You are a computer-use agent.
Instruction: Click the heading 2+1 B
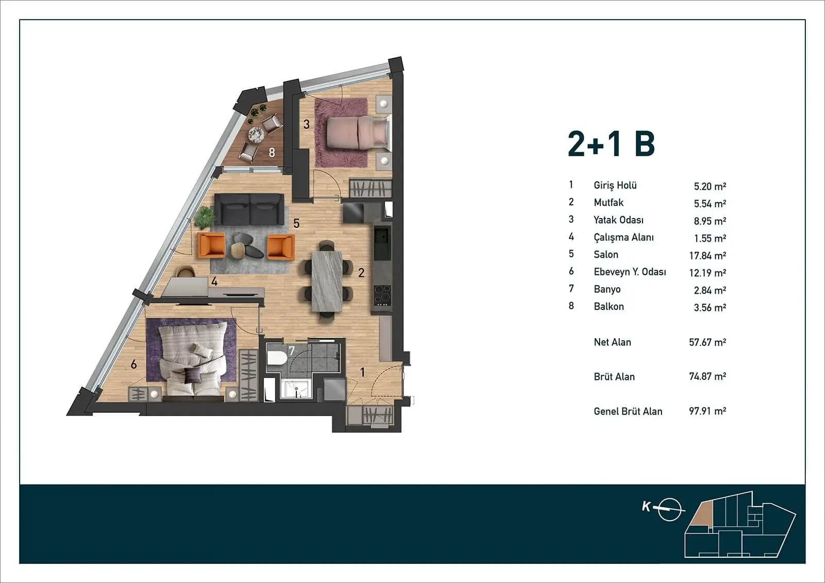point(612,144)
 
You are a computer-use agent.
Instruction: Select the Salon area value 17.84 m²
point(707,255)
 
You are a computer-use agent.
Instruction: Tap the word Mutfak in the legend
point(608,203)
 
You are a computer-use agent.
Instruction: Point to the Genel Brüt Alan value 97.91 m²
point(707,411)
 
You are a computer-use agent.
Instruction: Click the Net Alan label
point(612,342)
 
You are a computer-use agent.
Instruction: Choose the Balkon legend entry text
point(608,306)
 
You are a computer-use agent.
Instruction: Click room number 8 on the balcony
point(272,153)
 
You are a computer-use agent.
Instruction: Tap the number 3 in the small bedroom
point(306,124)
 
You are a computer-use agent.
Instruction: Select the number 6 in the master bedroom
point(134,364)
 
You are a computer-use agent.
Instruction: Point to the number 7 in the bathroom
point(292,351)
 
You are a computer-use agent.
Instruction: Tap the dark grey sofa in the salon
point(250,209)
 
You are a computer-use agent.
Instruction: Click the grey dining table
point(327,281)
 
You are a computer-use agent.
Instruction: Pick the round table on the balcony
point(256,135)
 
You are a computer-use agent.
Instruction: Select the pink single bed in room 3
point(357,132)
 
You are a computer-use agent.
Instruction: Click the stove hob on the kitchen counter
point(382,295)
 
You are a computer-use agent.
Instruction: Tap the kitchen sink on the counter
point(382,238)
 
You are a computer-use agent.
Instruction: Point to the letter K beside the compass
point(646,507)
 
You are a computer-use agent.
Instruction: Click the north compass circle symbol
point(669,510)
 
